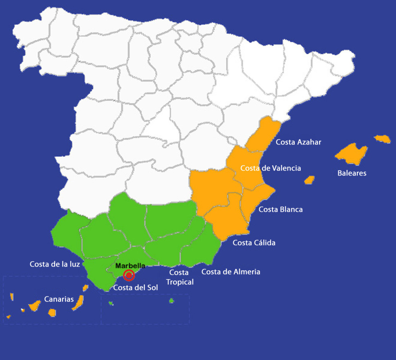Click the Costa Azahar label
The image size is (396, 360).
[298, 142]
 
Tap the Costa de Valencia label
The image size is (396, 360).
[270, 168]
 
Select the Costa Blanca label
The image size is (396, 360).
[280, 209]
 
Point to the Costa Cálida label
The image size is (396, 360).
[254, 243]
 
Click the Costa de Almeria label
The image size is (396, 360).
[230, 272]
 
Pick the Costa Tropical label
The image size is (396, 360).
[179, 277]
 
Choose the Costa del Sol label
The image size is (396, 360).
[135, 288]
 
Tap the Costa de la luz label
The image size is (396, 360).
[55, 264]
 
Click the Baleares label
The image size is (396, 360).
[352, 173]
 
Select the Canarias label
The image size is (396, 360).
[59, 299]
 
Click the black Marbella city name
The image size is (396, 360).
[130, 266]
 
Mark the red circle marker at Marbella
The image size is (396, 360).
[129, 275]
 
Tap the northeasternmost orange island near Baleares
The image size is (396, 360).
[382, 139]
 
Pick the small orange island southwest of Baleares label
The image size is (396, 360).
[309, 180]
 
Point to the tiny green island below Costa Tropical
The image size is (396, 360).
[171, 301]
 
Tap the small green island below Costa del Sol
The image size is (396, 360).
[111, 303]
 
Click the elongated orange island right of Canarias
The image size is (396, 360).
[77, 302]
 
